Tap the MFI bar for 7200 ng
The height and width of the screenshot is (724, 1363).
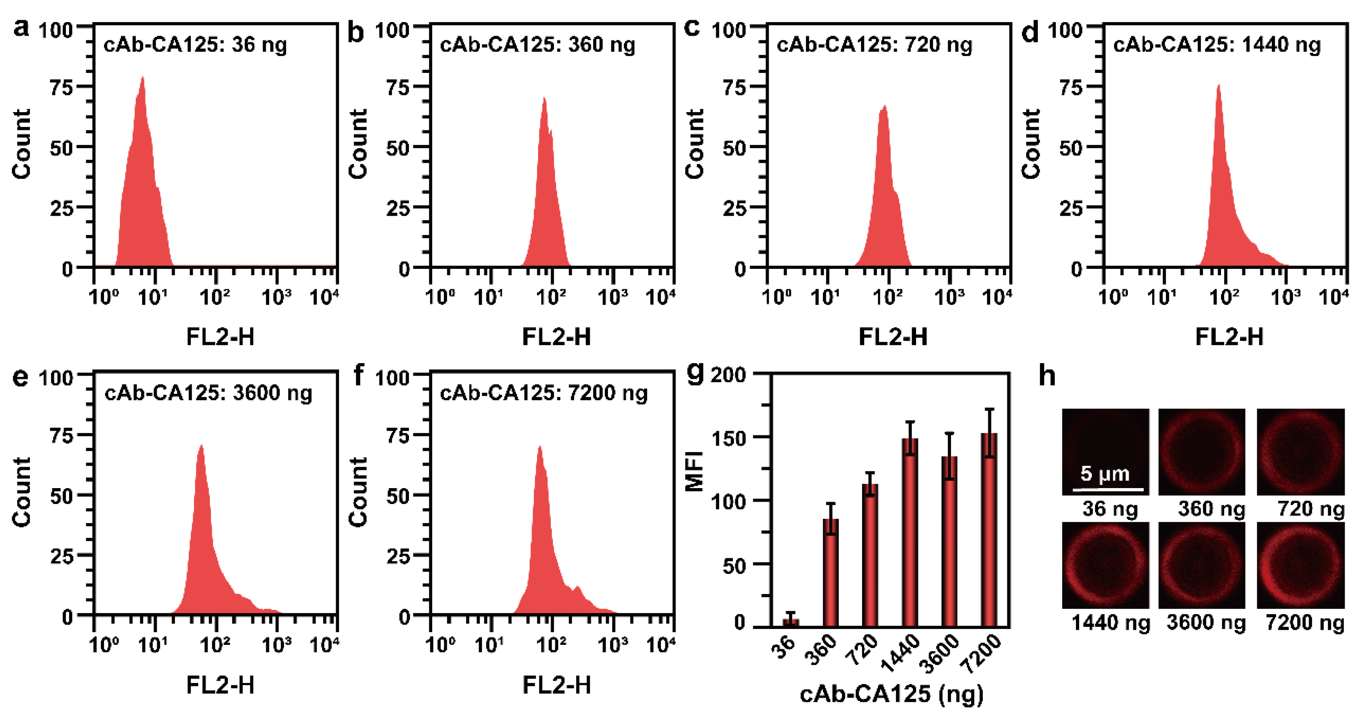[x=989, y=529]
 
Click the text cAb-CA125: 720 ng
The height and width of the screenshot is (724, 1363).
[x=874, y=45]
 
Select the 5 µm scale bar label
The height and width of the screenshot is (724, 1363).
[x=1105, y=473]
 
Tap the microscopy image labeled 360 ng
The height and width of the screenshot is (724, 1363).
[x=1202, y=452]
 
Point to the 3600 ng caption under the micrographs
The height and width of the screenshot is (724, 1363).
[x=1206, y=622]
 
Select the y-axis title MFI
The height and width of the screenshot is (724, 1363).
[x=694, y=471]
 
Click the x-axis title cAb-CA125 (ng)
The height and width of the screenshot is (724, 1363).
[x=892, y=694]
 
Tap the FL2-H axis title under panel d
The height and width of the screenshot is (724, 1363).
[x=1229, y=337]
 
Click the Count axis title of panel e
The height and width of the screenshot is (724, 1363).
[x=22, y=492]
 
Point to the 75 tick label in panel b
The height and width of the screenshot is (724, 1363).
[x=398, y=87]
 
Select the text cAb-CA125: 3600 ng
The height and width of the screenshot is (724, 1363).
[x=208, y=393]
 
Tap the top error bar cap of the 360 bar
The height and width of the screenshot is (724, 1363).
[x=831, y=503]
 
